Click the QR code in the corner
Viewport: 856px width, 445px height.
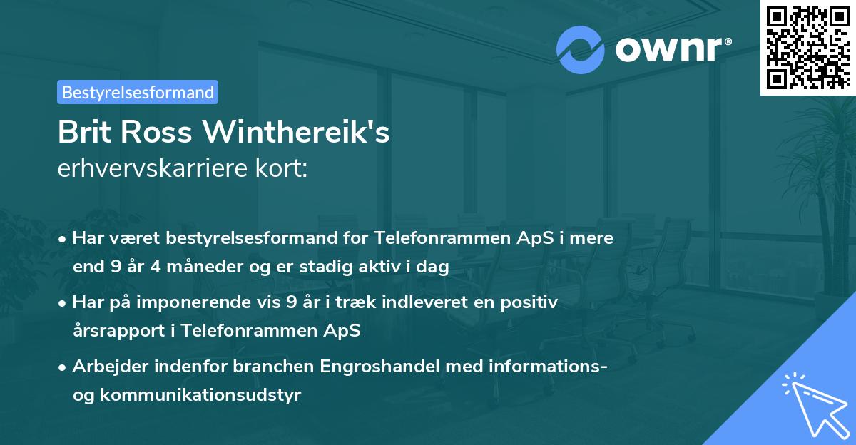(808, 47)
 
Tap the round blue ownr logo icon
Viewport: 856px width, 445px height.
(581, 49)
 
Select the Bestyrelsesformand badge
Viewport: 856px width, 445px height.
(138, 92)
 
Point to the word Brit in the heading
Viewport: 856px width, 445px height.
(84, 133)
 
